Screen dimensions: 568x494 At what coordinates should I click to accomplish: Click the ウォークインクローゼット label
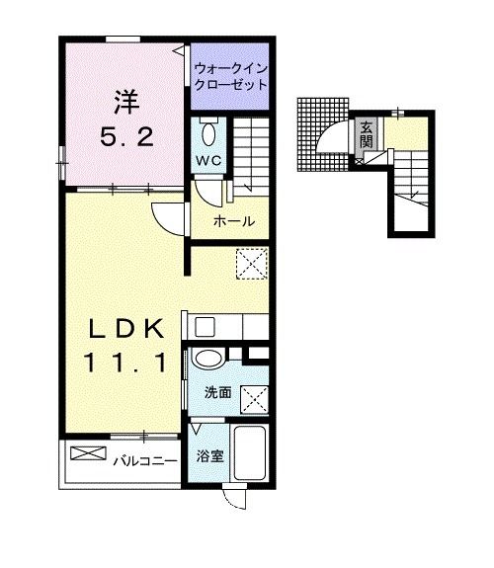pos(230,78)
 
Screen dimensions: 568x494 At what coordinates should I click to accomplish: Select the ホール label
pos(235,221)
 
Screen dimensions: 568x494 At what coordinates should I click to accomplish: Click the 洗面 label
pos(217,393)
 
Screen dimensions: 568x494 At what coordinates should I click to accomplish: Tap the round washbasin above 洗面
pos(208,361)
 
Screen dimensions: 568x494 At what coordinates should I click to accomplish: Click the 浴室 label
pos(208,457)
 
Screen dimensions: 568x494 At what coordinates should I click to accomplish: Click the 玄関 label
pos(366,132)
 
